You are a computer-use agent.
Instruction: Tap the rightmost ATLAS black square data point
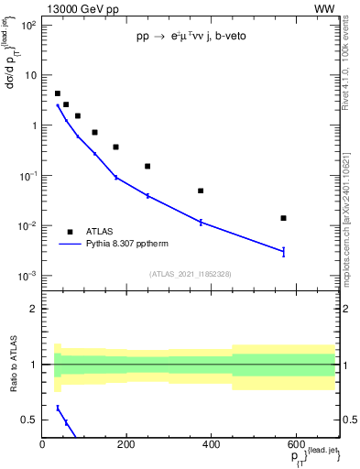point(283,218)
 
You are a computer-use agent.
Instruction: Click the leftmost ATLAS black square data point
point(58,93)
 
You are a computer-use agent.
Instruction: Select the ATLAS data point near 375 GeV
point(201,191)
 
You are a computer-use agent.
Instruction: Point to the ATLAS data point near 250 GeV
point(147,166)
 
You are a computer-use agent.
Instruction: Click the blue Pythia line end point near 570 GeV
point(283,251)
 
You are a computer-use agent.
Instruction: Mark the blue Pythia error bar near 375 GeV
point(201,222)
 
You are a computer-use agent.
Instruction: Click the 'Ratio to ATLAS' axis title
point(12,364)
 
